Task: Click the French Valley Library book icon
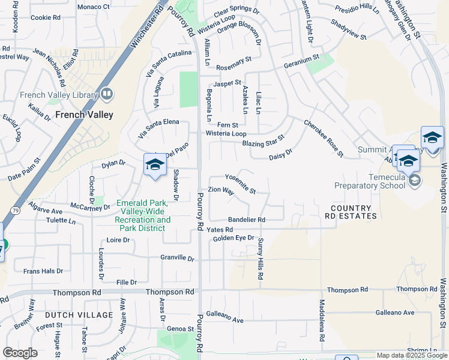pos(107,94)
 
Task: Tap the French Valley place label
pos(84,115)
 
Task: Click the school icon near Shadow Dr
pos(154,165)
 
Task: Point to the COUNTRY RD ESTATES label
pos(351,212)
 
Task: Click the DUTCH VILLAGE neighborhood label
pos(79,315)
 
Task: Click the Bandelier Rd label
pos(246,220)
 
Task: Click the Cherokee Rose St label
pos(323,138)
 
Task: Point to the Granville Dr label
pos(178,259)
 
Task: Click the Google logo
pos(20,353)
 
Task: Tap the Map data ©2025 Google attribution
pos(411,355)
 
